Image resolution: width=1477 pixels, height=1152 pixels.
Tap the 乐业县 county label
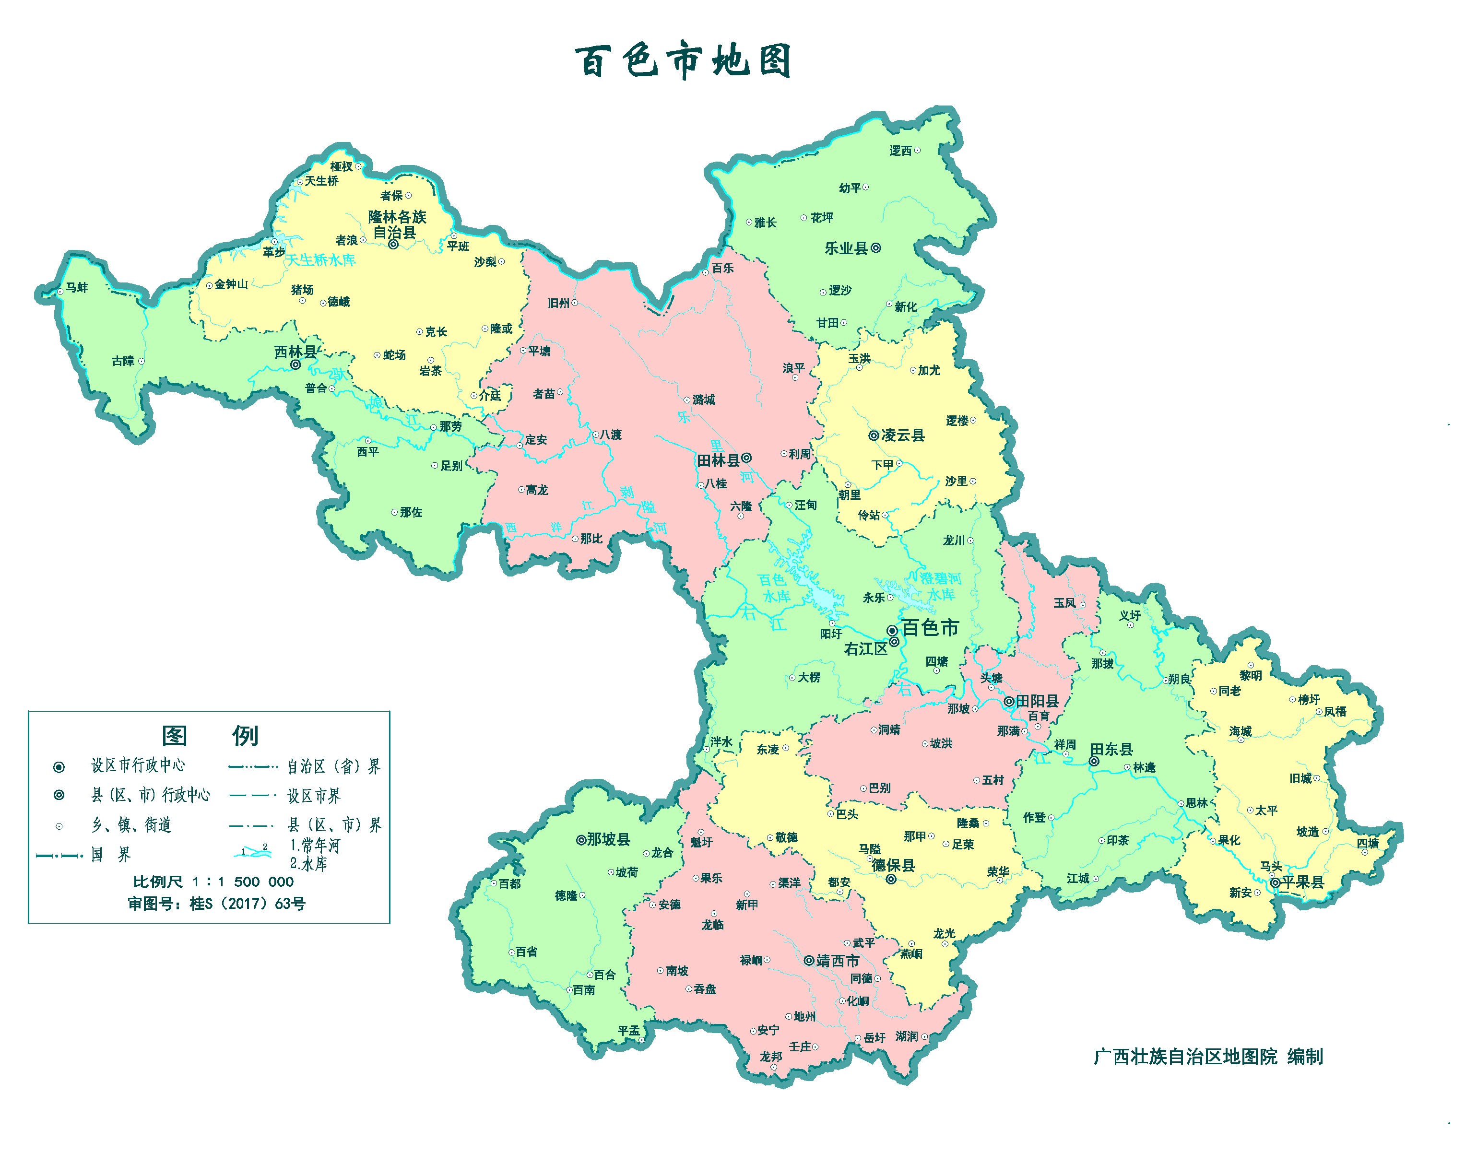click(x=845, y=248)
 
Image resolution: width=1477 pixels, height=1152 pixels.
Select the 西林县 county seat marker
click(x=295, y=365)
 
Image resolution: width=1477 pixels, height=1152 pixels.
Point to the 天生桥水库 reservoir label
click(x=320, y=260)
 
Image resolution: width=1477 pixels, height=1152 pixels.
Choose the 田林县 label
click(x=718, y=460)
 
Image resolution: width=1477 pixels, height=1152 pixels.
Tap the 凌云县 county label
click(x=903, y=435)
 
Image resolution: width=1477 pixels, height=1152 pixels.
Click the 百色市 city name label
click(x=931, y=628)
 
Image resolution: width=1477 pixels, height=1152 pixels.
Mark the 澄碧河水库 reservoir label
click(x=941, y=586)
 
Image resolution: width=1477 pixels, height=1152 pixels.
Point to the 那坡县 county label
click(x=608, y=840)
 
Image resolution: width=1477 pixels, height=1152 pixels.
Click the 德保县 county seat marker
click(x=891, y=880)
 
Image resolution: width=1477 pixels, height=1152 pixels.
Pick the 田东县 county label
click(x=1111, y=749)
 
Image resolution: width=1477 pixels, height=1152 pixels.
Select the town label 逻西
click(x=900, y=151)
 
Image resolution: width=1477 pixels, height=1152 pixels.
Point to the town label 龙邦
click(x=770, y=1056)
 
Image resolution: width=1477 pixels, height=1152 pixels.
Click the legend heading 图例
click(x=210, y=736)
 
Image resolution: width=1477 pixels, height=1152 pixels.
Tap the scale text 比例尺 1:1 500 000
click(x=213, y=882)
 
